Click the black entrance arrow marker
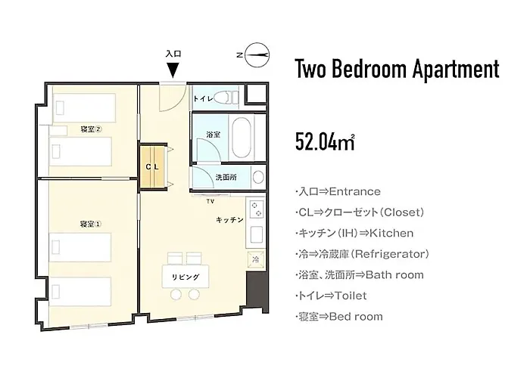point(173,70)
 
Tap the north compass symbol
point(257,55)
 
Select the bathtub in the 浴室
point(242,137)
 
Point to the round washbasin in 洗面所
point(258,177)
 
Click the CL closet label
point(152,167)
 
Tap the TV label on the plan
point(211,202)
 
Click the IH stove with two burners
point(256,209)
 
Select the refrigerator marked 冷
point(256,259)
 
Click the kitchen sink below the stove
point(257,234)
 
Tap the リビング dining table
point(185,277)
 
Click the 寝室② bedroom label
point(91,129)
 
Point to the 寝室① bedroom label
point(91,224)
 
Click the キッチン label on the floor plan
point(230,220)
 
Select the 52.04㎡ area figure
point(325,142)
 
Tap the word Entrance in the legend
point(354,192)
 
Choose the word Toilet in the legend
point(350,296)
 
